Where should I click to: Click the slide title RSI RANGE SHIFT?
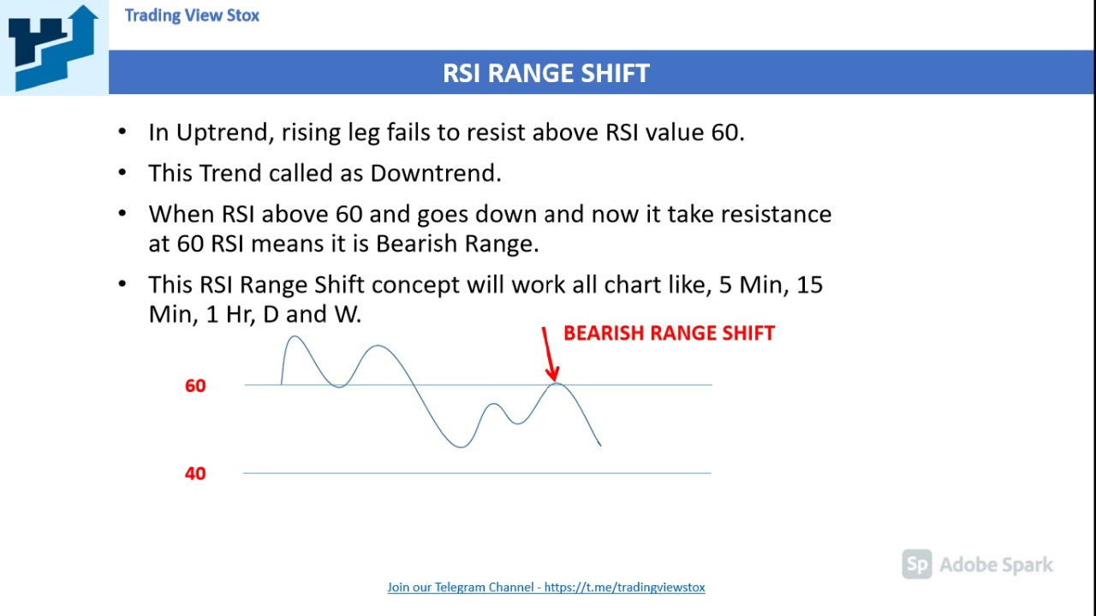point(546,73)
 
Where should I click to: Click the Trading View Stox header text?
point(192,15)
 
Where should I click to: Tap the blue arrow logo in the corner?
point(53,46)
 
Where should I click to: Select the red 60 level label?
point(195,386)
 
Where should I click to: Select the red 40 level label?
point(195,473)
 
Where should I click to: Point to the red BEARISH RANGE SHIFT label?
point(669,334)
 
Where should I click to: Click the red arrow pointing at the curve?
point(548,355)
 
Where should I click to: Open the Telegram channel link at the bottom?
point(546,587)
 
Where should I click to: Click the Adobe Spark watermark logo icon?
point(917,565)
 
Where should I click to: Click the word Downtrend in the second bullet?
point(435,173)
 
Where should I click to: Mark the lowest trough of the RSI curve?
point(461,446)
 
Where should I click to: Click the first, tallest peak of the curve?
point(294,338)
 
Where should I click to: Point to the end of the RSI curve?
point(599,444)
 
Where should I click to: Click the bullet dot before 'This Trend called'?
point(122,173)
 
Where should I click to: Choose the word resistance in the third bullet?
point(776,214)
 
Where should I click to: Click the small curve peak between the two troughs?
point(493,404)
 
